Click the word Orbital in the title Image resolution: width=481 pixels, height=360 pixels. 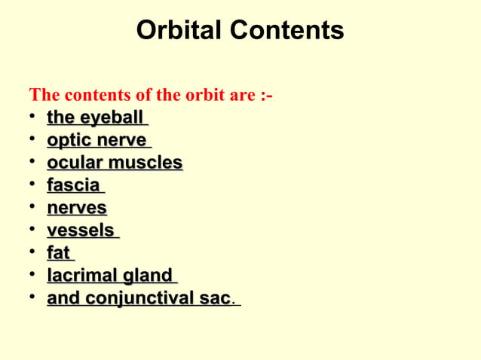click(179, 31)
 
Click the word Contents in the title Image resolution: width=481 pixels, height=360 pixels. click(287, 31)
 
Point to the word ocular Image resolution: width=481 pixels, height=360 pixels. click(75, 163)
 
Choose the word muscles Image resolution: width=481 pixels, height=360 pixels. click(145, 163)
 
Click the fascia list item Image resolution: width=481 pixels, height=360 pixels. click(73, 185)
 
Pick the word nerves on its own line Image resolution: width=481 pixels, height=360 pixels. click(76, 208)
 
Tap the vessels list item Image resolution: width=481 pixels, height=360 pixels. click(81, 230)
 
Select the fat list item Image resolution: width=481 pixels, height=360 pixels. click(60, 253)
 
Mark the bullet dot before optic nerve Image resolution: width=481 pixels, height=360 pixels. click(33, 141)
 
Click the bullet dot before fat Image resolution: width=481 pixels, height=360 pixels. click(33, 253)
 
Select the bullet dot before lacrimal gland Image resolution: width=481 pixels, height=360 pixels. click(33, 276)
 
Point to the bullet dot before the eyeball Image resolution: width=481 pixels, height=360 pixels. click(33, 118)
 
